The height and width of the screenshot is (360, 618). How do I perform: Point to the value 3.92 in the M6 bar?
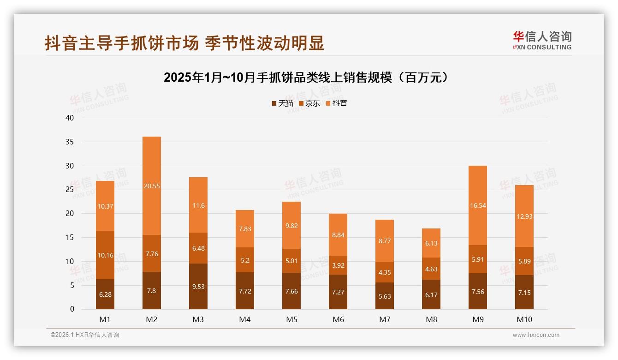coord(338,265)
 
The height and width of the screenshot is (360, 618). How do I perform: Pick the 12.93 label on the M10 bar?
coord(524,216)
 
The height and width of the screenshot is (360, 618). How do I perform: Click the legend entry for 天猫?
coord(282,103)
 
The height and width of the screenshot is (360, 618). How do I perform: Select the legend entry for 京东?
coord(309,103)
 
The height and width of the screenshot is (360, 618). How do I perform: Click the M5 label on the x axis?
coord(291,319)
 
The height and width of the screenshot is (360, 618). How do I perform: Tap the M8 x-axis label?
coord(431,319)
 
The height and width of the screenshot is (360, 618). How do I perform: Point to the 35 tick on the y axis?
coord(70,142)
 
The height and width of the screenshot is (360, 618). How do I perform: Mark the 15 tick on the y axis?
coord(70,237)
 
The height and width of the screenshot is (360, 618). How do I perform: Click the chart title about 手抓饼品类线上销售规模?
coord(306,78)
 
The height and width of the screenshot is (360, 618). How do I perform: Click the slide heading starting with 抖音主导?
coord(184,43)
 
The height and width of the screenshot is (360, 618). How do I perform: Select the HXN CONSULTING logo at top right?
coord(542,41)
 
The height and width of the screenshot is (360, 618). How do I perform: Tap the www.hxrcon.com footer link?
coord(536,335)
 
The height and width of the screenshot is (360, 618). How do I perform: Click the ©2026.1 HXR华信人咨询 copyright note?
coord(84,335)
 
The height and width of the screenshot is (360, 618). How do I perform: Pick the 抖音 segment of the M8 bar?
coord(431,243)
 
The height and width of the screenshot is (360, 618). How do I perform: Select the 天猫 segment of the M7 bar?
coord(385,296)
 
